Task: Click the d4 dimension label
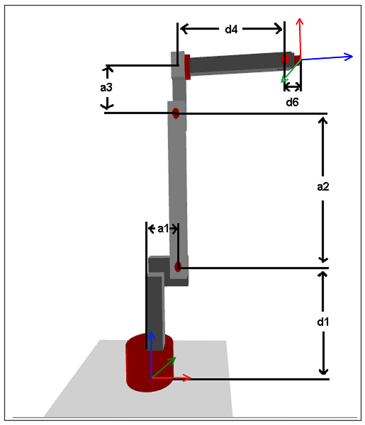pos(231,29)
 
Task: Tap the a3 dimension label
pos(106,87)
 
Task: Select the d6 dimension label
pos(292,102)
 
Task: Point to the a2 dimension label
pos(323,186)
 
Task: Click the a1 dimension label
pos(163,229)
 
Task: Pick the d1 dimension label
pos(323,322)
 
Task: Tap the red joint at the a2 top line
pos(176,113)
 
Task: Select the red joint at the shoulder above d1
pos(178,266)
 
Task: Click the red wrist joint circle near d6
pos(285,59)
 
